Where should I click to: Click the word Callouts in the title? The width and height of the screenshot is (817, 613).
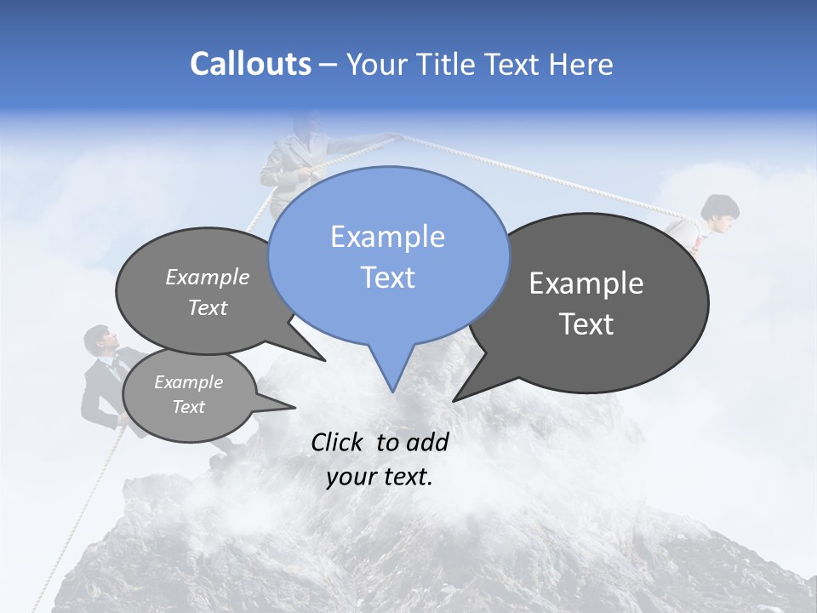(250, 64)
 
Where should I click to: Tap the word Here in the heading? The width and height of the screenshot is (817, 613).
(579, 65)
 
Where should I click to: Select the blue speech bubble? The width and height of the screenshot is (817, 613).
(388, 255)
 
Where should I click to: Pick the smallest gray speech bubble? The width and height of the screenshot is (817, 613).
(189, 395)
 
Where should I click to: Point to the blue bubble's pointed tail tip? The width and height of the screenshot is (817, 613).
(392, 391)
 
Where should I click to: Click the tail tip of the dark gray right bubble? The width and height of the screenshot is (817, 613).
(454, 400)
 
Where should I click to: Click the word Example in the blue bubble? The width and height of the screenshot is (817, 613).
(387, 236)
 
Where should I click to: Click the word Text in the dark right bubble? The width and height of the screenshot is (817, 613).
(587, 324)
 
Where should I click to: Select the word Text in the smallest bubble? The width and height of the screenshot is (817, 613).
(189, 407)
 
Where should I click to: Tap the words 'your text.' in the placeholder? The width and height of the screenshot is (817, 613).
(380, 477)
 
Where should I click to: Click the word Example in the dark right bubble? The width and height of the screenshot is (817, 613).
(586, 284)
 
